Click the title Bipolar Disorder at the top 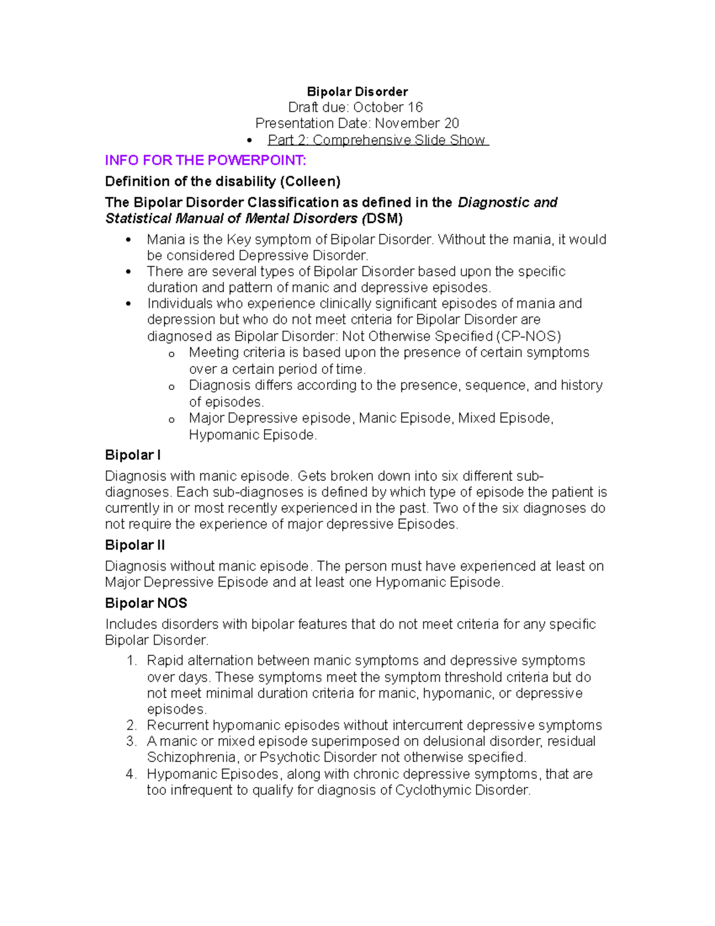357,92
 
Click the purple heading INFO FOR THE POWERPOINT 205,160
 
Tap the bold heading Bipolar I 132,456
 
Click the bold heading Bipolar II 135,546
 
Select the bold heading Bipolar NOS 146,603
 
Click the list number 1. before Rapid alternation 132,661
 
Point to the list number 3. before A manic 132,742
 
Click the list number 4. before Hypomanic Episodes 132,775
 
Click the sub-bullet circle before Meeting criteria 172,354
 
